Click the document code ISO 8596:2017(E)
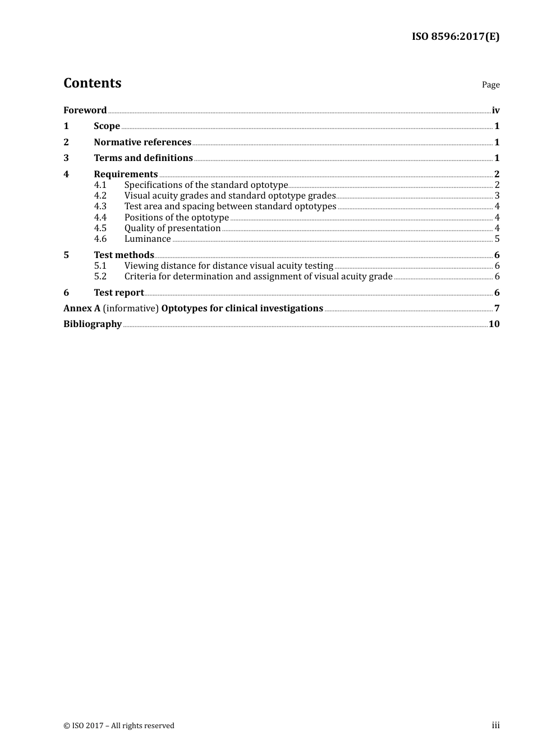456,37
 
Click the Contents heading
92,83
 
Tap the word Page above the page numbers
490,85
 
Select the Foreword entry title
85,111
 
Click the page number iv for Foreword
495,111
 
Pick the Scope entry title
107,126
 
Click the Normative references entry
143,142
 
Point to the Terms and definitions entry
143,158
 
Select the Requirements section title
126,174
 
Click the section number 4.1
100,185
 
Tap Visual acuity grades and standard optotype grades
229,196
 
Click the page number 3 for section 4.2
497,196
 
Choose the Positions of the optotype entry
176,218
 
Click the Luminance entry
148,239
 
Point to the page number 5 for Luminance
497,239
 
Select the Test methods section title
124,255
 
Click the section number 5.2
100,277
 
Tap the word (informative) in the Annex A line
131,309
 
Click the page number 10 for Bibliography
494,324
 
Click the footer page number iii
495,725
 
